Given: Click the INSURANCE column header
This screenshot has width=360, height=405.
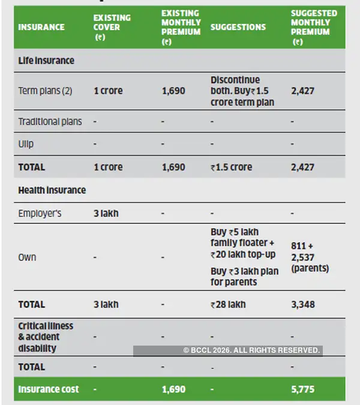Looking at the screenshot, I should [x=41, y=27].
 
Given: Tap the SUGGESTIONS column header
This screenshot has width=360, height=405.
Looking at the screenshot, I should [x=238, y=27].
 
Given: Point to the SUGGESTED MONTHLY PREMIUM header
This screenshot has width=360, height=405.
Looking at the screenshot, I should [x=314, y=27].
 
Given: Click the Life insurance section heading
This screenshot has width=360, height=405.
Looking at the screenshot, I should [x=46, y=61].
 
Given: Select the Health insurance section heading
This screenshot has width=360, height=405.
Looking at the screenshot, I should [x=52, y=190].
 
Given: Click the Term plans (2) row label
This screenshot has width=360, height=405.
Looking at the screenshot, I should [x=45, y=91].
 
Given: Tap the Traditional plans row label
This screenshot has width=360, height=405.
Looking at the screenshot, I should [x=50, y=122].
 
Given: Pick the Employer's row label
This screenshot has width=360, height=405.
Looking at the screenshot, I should [x=40, y=213].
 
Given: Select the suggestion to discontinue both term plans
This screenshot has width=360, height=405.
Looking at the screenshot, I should [x=242, y=91].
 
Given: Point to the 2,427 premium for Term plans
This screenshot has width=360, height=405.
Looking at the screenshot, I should [x=302, y=91].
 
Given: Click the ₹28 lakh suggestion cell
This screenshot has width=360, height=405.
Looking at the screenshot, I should [x=228, y=304].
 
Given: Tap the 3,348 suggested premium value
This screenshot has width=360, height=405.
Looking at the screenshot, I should [x=302, y=304].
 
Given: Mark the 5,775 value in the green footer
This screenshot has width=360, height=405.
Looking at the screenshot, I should [x=302, y=389].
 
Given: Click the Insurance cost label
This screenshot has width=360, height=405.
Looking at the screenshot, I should [x=49, y=389].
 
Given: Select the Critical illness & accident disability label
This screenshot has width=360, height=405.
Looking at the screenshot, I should [x=46, y=337].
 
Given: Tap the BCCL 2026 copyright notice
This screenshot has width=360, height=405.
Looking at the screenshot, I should [x=251, y=350].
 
